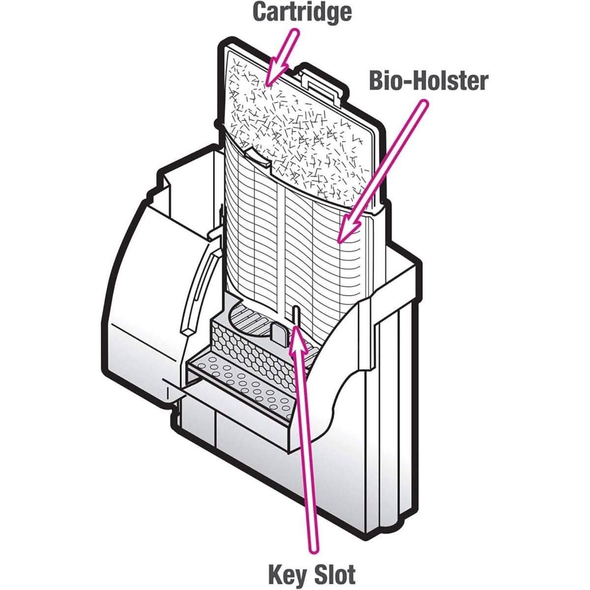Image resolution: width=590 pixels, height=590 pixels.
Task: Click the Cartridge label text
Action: click(302, 12)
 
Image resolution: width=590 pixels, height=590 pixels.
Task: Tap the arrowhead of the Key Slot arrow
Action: click(296, 334)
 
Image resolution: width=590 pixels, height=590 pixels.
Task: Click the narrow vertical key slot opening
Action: click(296, 315)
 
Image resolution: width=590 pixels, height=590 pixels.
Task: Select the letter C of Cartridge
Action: click(262, 12)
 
